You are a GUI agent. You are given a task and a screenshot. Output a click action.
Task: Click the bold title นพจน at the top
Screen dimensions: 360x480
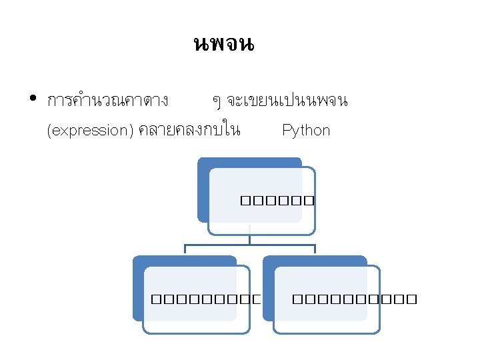click(x=223, y=45)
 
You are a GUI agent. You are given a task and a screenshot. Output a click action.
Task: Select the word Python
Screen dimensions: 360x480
click(x=306, y=130)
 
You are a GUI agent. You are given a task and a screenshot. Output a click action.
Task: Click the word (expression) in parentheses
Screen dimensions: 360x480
click(x=91, y=130)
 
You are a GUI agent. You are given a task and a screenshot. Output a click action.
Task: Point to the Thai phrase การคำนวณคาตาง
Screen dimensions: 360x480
click(x=107, y=101)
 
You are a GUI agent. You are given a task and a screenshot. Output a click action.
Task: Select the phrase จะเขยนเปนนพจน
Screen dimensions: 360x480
click(x=287, y=101)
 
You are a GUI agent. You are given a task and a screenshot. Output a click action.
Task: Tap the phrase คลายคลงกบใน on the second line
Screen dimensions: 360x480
click(x=189, y=130)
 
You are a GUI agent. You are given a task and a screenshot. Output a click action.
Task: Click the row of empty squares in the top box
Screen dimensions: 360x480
click(x=274, y=199)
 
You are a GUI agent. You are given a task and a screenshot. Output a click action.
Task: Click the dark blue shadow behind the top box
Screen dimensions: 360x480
click(x=203, y=190)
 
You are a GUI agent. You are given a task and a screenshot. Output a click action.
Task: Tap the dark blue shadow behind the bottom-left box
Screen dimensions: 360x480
click(x=138, y=287)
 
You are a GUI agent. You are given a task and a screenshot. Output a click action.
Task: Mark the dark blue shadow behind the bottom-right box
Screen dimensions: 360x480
click(x=268, y=287)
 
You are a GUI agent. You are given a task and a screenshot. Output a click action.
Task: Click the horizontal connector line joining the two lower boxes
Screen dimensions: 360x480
click(x=249, y=245)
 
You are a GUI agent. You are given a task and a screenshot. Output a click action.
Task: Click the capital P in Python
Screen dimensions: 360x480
click(x=287, y=130)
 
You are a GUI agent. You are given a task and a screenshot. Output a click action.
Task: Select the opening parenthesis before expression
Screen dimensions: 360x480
click(x=49, y=131)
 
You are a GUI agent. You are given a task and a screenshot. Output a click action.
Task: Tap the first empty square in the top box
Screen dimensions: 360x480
click(x=240, y=199)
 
